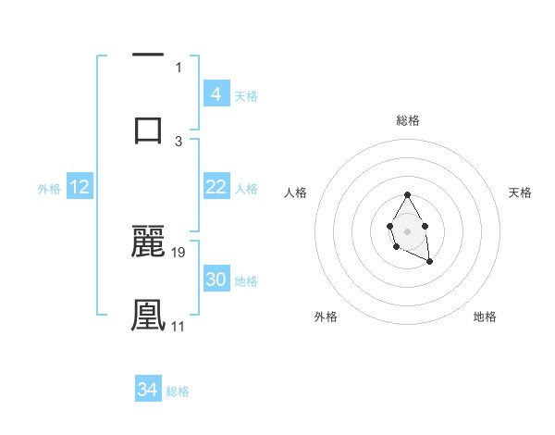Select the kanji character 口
point(148,129)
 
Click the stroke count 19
point(179,252)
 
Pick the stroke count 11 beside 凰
point(179,326)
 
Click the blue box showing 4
point(216,94)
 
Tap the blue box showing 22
point(216,188)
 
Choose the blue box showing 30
point(216,280)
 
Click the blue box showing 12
point(79,188)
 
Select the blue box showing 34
point(147,391)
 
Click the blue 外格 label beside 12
point(49,189)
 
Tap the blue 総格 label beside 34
point(178,391)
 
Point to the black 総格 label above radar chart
point(407,120)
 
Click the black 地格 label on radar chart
point(485,317)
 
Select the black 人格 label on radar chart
point(297,193)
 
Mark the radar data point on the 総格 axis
point(407,194)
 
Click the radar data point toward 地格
point(429,262)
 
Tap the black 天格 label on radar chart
point(520,193)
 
